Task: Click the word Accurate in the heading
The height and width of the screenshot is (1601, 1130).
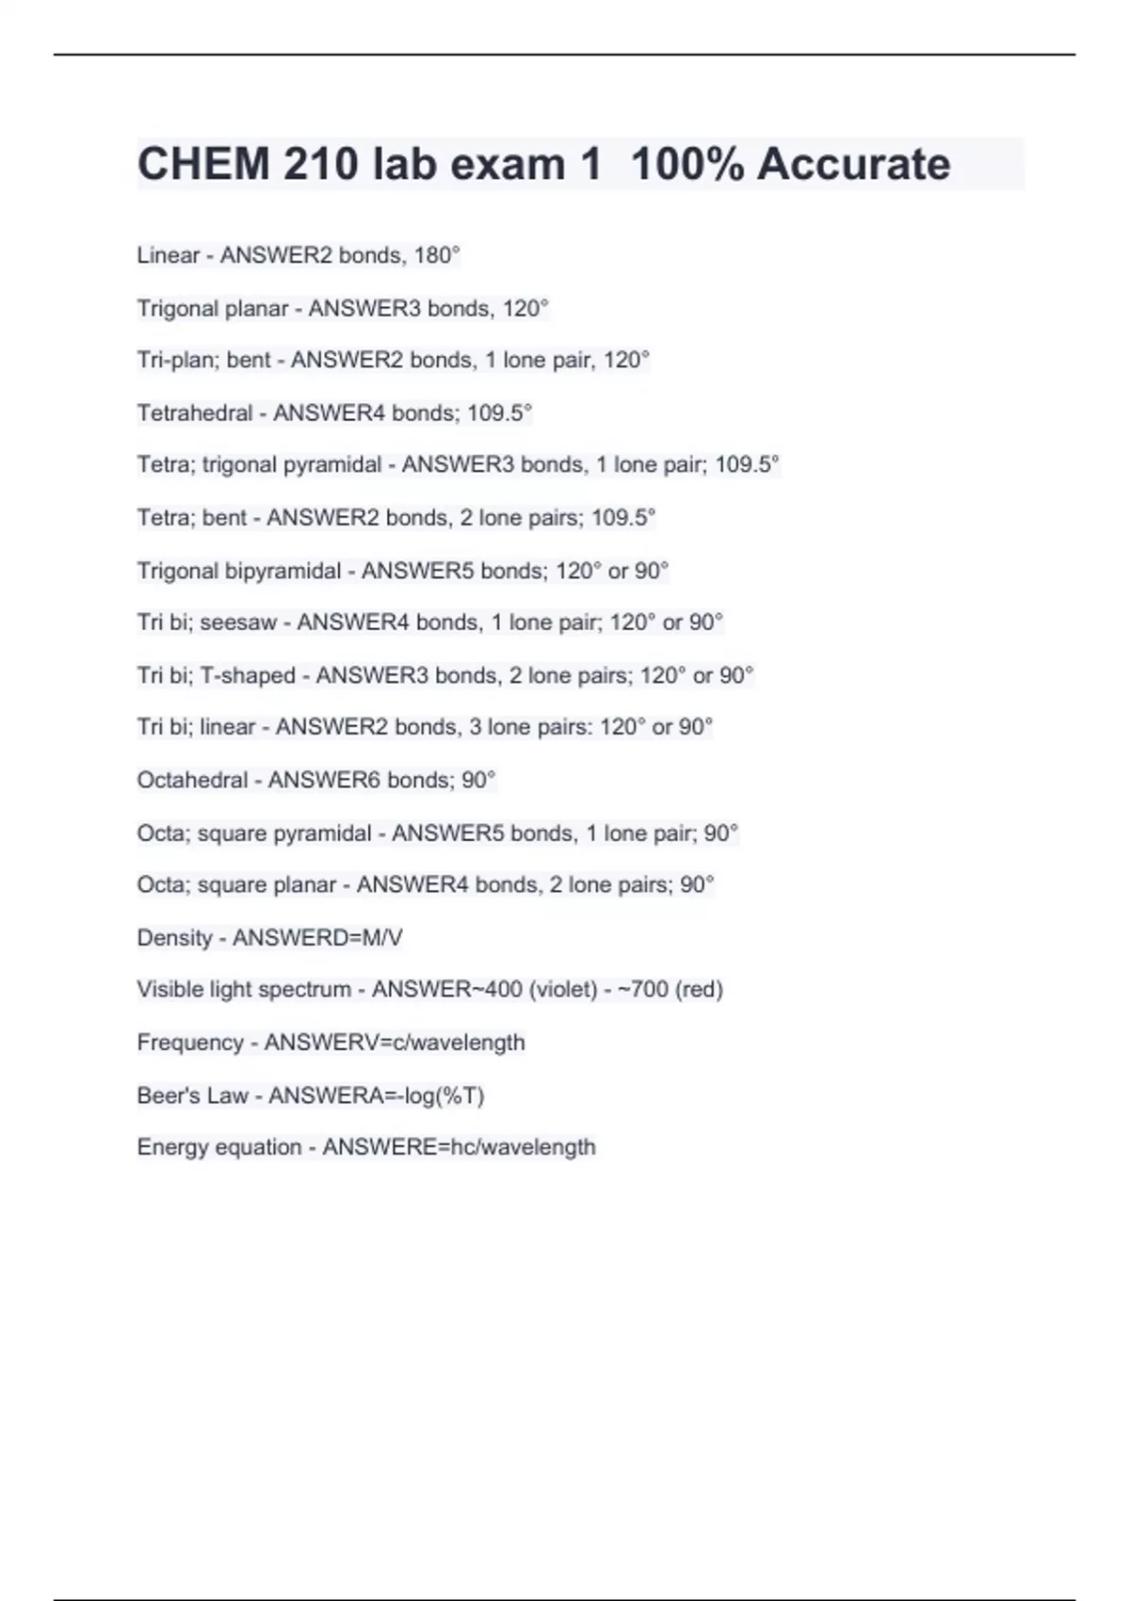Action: (x=853, y=164)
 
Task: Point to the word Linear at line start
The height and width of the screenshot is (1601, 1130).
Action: (x=169, y=255)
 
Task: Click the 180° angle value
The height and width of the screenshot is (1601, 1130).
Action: (x=437, y=255)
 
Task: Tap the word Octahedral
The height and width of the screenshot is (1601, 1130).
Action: (x=192, y=780)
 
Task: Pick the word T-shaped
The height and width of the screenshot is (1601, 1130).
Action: (x=248, y=675)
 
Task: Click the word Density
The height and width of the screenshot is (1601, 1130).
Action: (x=174, y=938)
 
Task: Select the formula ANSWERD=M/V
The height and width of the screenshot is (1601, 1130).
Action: (x=317, y=938)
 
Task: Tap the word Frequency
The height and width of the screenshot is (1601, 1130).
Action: (x=190, y=1043)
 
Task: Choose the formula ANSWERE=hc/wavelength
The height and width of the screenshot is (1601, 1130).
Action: (x=459, y=1147)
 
